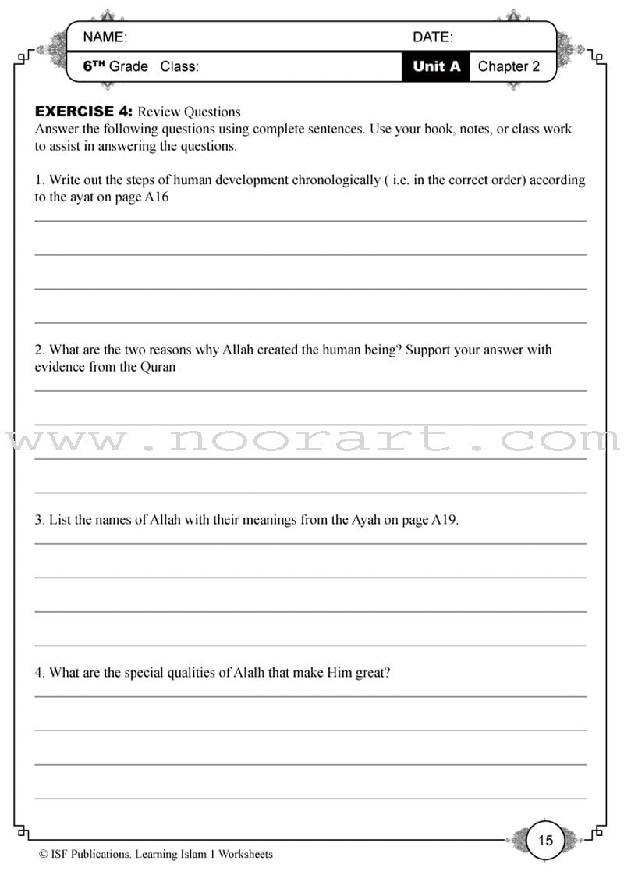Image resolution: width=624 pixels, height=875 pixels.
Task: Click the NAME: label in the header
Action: click(x=105, y=37)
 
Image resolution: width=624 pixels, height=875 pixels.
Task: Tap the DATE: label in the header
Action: click(x=432, y=37)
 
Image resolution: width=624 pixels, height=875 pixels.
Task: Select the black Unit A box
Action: click(x=436, y=66)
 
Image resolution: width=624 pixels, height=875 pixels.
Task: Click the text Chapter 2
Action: click(x=509, y=66)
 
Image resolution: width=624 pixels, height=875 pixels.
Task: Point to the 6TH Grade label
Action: click(x=115, y=66)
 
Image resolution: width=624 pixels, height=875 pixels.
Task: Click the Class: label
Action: click(x=179, y=66)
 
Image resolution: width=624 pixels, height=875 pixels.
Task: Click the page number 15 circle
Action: click(x=545, y=840)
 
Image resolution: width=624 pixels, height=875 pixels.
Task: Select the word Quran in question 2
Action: click(x=158, y=367)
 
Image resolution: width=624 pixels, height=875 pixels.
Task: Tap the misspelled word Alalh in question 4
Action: click(x=250, y=672)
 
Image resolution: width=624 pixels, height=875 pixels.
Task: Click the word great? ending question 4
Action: click(x=372, y=672)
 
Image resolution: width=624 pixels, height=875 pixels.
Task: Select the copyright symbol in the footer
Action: click(x=44, y=855)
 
